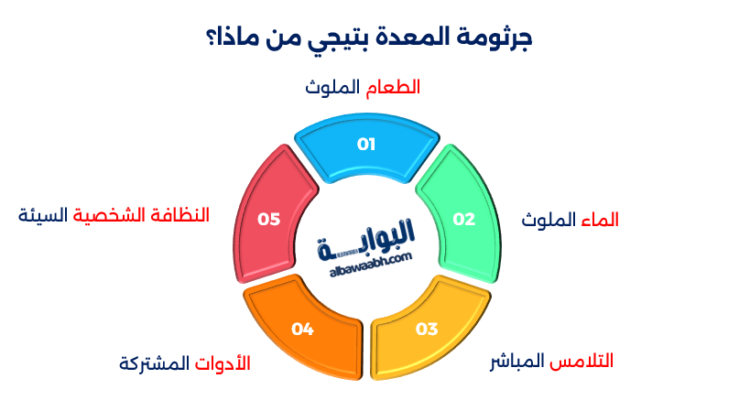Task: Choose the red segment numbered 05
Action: pos(268,218)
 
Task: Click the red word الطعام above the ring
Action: pos(393,88)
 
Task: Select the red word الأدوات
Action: pos(223,363)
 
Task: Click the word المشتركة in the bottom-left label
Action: pos(156,363)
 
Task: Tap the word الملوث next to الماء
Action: pos(547,221)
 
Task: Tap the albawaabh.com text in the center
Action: pos(365,261)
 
